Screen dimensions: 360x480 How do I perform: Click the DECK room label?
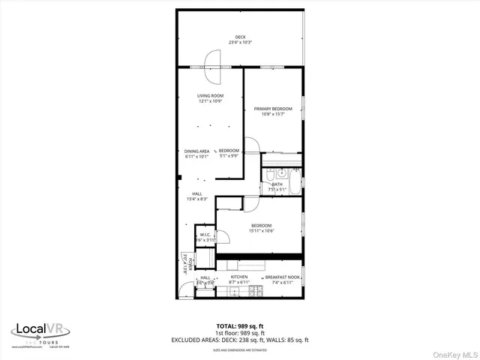click(240, 37)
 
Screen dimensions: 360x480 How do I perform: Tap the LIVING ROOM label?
click(211, 96)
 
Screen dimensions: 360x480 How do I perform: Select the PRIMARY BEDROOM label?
click(273, 109)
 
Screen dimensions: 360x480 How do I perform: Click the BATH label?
click(277, 184)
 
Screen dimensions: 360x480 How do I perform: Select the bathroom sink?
click(271, 173)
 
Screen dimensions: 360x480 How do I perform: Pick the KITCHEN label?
click(239, 277)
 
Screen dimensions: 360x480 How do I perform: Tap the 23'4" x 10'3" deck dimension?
click(240, 42)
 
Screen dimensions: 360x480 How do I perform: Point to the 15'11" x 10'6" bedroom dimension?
click(261, 230)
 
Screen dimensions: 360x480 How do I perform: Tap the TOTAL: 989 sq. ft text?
click(240, 325)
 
